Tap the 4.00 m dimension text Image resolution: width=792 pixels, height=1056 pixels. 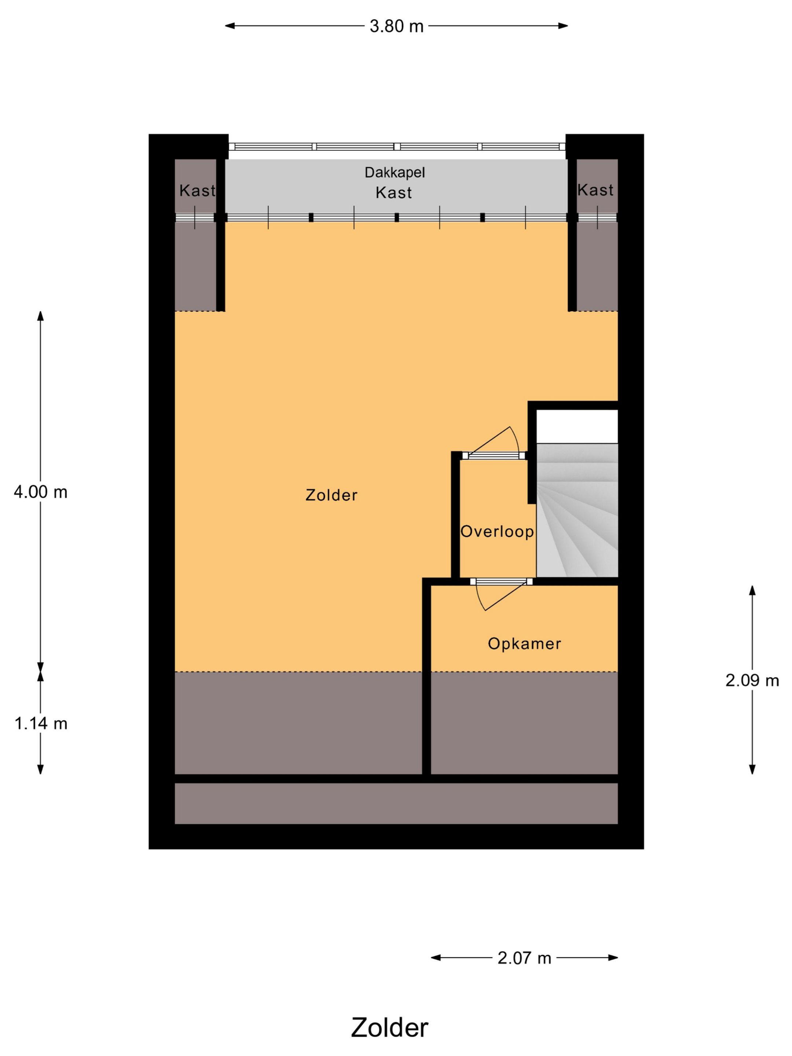pos(41,492)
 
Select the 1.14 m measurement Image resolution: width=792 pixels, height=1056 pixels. pos(41,724)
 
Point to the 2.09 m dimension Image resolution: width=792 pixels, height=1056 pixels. pos(752,680)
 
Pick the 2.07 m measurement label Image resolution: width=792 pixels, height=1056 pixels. pos(524,958)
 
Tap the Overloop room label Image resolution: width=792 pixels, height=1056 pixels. pos(497,531)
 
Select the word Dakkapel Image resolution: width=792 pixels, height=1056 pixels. pos(394,172)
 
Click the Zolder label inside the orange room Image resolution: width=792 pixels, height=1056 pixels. pos(331,495)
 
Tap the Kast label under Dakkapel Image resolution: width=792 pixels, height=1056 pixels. pos(393,193)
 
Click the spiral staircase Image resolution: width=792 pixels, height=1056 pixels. pos(577,510)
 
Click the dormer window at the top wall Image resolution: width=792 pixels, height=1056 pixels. pos(396,147)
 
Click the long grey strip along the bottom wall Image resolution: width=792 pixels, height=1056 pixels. pos(396,803)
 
